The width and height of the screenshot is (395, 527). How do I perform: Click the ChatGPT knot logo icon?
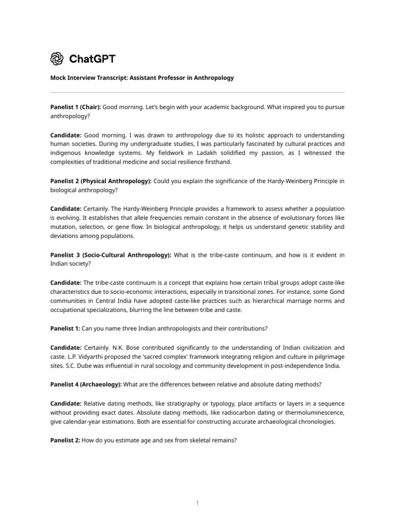57,59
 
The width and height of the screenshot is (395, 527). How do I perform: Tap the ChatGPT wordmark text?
93,59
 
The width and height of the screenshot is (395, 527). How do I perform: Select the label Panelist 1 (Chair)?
76,107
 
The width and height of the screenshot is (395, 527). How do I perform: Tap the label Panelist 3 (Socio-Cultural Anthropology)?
111,255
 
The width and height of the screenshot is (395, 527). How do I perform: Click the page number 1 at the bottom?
197,503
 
